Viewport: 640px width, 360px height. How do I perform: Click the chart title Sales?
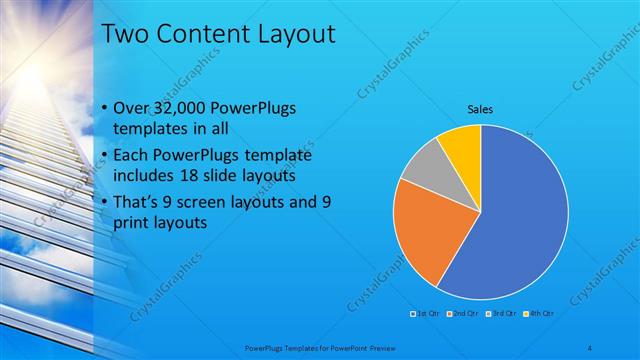click(481, 109)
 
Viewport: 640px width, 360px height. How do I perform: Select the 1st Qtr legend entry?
click(424, 314)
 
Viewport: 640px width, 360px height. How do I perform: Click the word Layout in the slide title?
click(292, 35)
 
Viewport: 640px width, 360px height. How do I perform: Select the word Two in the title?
click(126, 35)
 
